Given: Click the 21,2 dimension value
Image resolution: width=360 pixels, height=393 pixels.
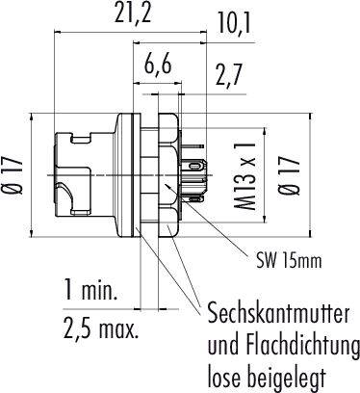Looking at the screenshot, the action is (133, 13).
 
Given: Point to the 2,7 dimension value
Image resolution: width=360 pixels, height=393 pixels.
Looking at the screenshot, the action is (228, 75).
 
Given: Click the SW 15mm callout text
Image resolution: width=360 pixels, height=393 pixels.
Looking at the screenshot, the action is (289, 261).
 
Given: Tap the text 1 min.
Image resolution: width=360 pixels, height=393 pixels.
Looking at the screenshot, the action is (90, 290).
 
